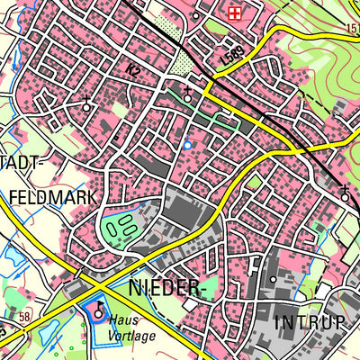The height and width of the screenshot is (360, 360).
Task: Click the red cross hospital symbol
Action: point(235,12)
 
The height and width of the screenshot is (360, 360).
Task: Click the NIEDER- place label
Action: point(164,288)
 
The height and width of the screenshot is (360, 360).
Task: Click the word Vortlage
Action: point(132,336)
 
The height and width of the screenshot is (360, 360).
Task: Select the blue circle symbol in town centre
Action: point(187,144)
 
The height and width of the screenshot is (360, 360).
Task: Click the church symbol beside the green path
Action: point(186,94)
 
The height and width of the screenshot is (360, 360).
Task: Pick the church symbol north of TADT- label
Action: point(86,104)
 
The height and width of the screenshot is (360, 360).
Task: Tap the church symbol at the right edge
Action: point(345,193)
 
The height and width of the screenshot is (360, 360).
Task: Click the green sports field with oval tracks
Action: point(121,229)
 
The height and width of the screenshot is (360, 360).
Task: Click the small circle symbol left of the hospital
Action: point(196,16)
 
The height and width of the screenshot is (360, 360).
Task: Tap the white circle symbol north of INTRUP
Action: point(273,280)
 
